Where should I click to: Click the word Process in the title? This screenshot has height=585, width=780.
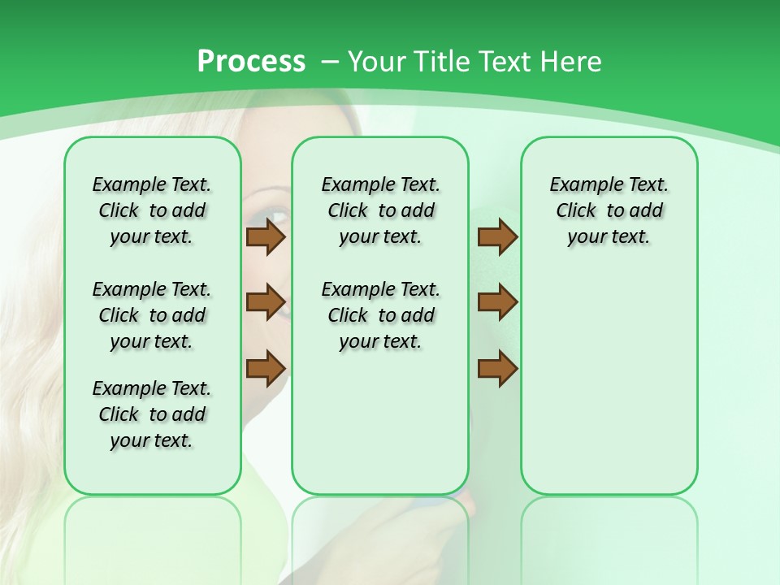coord(251,62)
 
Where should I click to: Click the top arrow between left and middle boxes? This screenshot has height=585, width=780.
coord(266,237)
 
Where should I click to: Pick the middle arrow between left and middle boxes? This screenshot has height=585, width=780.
coord(266,303)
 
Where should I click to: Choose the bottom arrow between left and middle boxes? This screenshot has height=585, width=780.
coord(266,368)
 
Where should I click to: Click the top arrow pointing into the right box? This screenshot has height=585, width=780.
coord(497,237)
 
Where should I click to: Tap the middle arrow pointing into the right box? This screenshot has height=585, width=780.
coord(497,303)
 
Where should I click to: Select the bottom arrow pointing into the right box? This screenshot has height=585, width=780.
coord(497,368)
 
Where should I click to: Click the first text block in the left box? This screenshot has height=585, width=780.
coord(152,210)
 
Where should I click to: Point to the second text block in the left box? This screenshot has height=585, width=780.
coord(152,315)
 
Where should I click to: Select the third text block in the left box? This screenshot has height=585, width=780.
coord(152,414)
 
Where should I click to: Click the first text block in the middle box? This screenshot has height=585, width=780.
coord(380,210)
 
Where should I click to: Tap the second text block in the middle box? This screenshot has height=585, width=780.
coord(380,315)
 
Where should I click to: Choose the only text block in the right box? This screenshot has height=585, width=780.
coord(609,210)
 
